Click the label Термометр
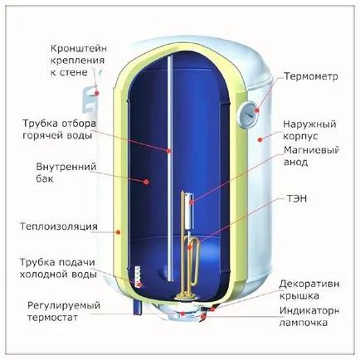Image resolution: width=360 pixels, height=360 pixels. (311, 76)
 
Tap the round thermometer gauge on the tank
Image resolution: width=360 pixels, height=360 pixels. (248, 114)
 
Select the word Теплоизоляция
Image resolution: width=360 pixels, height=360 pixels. (59, 226)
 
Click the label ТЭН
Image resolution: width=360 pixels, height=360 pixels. (296, 198)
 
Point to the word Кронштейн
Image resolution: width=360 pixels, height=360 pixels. (79, 49)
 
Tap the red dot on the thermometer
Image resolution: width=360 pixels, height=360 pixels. (257, 110)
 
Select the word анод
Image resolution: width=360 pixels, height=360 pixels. (295, 163)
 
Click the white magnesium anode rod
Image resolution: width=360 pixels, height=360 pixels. (189, 212)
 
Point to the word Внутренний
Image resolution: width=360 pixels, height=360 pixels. (66, 167)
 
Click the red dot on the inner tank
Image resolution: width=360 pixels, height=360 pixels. (146, 182)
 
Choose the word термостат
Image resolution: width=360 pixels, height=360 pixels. (52, 318)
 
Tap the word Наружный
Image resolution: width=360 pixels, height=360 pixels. (309, 124)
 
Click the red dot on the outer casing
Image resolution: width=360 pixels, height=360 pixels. (260, 140)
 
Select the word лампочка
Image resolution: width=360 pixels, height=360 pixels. (304, 323)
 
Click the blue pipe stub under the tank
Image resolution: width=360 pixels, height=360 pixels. (138, 308)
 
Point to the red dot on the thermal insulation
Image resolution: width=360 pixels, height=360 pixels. (118, 232)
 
